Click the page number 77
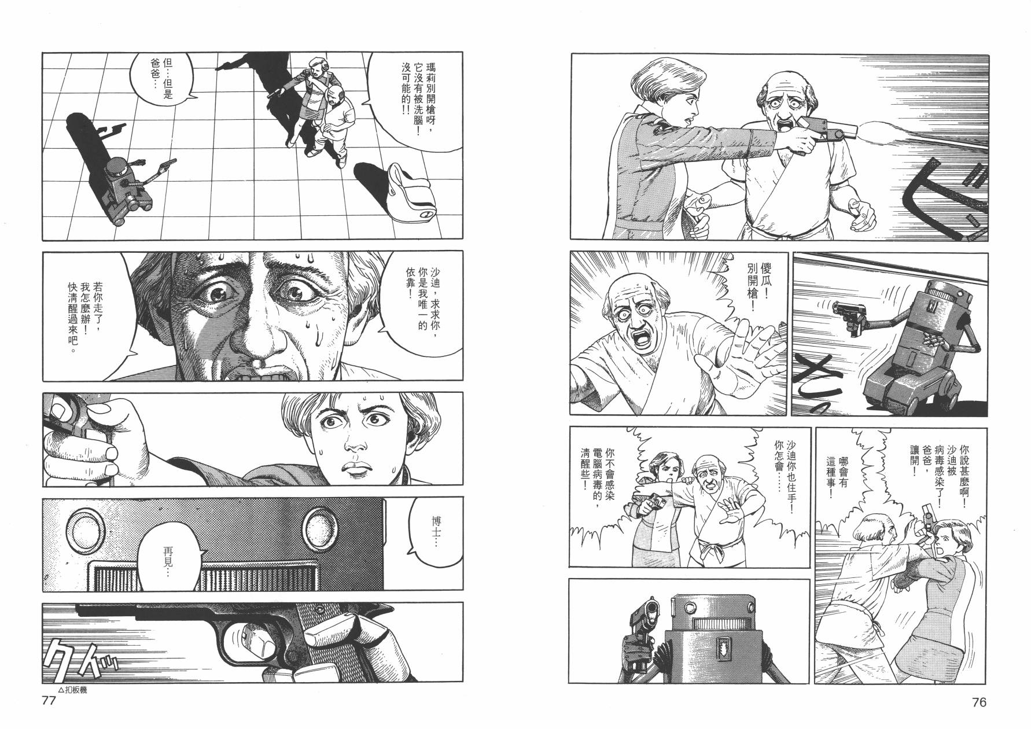49,702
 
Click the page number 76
979,703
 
